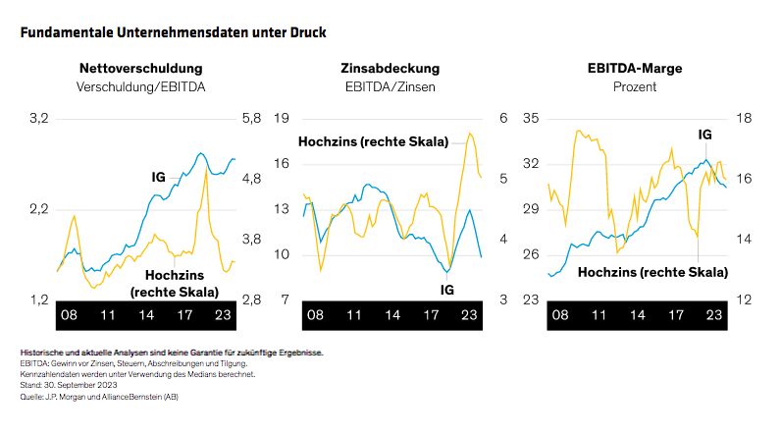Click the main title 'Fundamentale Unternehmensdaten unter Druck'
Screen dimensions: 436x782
coord(173,32)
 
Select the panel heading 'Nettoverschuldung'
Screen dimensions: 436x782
coord(141,69)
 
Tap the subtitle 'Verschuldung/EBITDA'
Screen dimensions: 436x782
coord(141,86)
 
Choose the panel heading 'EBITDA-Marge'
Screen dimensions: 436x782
coord(635,69)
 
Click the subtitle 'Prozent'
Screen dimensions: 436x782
coord(635,86)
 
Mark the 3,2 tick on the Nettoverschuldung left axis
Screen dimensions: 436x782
coord(38,119)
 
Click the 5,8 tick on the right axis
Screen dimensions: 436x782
coord(251,119)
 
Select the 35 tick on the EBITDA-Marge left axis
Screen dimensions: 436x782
coord(529,119)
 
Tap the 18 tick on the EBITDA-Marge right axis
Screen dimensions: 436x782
coord(743,119)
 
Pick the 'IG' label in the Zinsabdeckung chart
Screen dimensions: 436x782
coord(446,290)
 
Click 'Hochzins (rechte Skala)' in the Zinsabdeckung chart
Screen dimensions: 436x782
coord(373,142)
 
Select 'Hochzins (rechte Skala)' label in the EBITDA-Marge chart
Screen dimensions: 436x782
coord(652,271)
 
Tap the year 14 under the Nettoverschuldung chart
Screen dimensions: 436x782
coord(147,316)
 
